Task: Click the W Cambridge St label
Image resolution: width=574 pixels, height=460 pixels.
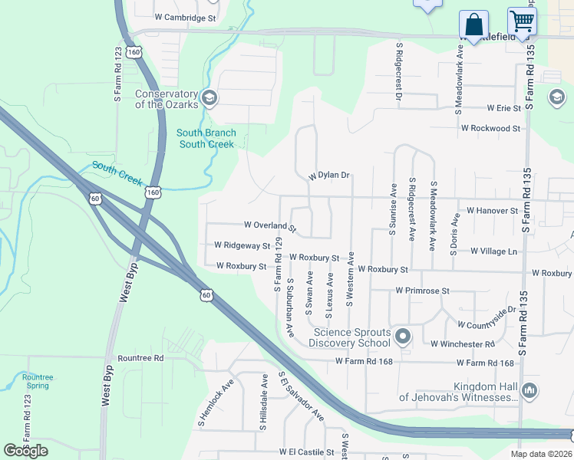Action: [x=186, y=17]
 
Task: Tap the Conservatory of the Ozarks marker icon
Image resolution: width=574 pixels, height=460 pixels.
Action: [x=209, y=99]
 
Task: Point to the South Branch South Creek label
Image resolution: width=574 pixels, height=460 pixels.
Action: [x=207, y=139]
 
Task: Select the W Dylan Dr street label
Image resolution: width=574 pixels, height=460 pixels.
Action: [x=329, y=176]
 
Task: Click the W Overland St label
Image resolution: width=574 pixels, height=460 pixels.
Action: [x=270, y=226]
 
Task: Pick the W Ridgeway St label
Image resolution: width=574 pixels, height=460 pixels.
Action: [x=242, y=246]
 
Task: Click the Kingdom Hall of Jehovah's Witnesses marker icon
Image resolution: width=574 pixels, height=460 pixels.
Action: [x=529, y=392]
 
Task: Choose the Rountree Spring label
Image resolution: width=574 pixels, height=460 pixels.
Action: [x=37, y=381]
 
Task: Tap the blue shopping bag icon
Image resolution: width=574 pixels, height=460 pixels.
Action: [x=473, y=23]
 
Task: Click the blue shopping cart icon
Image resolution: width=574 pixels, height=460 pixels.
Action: [x=522, y=21]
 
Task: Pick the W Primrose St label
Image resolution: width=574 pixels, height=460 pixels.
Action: [x=422, y=291]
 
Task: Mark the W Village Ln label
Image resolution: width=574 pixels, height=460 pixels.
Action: [x=494, y=251]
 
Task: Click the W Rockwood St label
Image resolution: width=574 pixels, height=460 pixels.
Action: [x=490, y=128]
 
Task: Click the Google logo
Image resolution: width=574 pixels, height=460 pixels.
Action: [x=26, y=451]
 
